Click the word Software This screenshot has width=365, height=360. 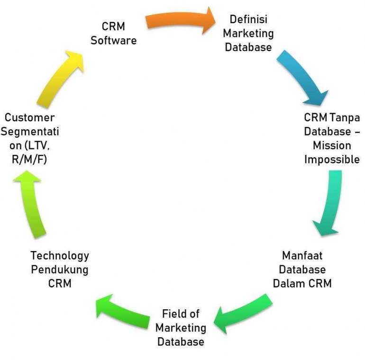click(113, 41)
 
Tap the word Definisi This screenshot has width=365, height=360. click(248, 20)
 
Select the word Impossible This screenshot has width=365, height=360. click(332, 160)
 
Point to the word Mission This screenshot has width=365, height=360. click(332, 145)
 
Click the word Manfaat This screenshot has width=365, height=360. click(302, 256)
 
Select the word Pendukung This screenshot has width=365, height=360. click(60, 270)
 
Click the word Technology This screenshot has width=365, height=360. click(60, 256)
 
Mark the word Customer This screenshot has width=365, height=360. click(30, 117)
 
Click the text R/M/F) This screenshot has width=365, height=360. click(30, 160)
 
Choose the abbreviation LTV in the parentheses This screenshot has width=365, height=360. click(39, 145)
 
